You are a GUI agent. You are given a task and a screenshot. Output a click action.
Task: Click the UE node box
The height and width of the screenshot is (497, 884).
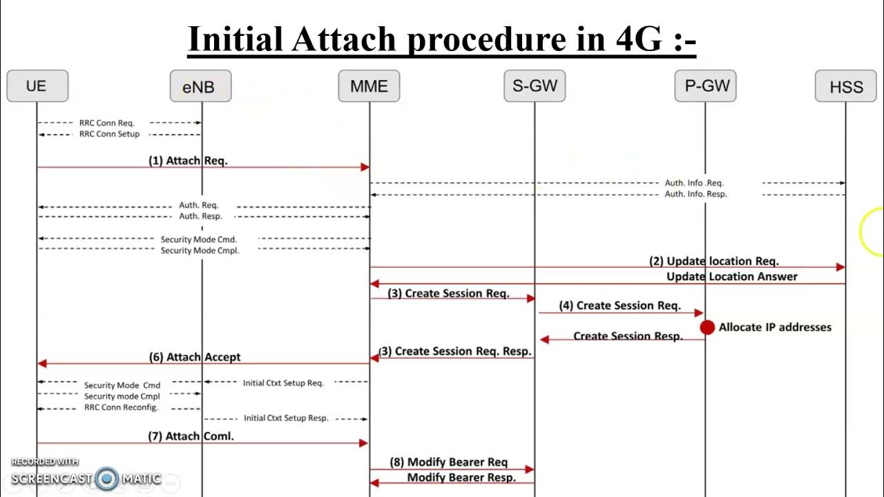37,86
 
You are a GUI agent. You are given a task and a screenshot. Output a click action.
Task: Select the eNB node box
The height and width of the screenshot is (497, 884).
201,87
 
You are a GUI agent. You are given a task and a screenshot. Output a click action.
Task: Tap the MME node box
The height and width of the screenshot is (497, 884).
369,86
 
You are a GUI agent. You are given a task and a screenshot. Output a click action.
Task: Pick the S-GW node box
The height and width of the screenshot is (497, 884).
535,86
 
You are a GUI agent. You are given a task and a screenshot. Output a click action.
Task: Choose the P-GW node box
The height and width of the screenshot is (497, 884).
705,86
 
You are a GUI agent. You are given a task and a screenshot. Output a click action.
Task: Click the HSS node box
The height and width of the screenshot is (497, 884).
845,87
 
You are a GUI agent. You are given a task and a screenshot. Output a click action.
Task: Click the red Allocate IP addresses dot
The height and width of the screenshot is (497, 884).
707,327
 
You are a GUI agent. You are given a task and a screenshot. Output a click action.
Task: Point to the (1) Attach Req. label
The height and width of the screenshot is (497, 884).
188,160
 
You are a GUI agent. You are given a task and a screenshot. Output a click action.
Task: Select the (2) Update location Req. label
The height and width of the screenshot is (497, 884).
713,261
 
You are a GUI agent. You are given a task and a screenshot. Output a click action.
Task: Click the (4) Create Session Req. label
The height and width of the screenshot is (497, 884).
619,305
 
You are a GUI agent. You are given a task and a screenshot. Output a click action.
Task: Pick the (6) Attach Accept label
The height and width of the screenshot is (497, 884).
195,357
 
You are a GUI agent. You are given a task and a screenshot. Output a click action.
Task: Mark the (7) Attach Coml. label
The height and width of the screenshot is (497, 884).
191,436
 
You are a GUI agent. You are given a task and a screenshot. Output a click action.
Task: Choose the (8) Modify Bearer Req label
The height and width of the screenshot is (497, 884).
448,462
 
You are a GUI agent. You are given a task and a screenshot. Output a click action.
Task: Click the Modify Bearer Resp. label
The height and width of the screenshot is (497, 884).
461,477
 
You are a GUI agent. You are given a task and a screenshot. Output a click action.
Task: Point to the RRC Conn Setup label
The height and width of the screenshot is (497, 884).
109,134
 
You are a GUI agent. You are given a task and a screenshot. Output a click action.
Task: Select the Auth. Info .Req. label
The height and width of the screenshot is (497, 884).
694,183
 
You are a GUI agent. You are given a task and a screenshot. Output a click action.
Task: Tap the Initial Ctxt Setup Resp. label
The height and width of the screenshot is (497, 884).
285,418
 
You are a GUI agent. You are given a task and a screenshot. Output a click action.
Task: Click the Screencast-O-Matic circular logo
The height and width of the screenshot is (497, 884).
107,478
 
